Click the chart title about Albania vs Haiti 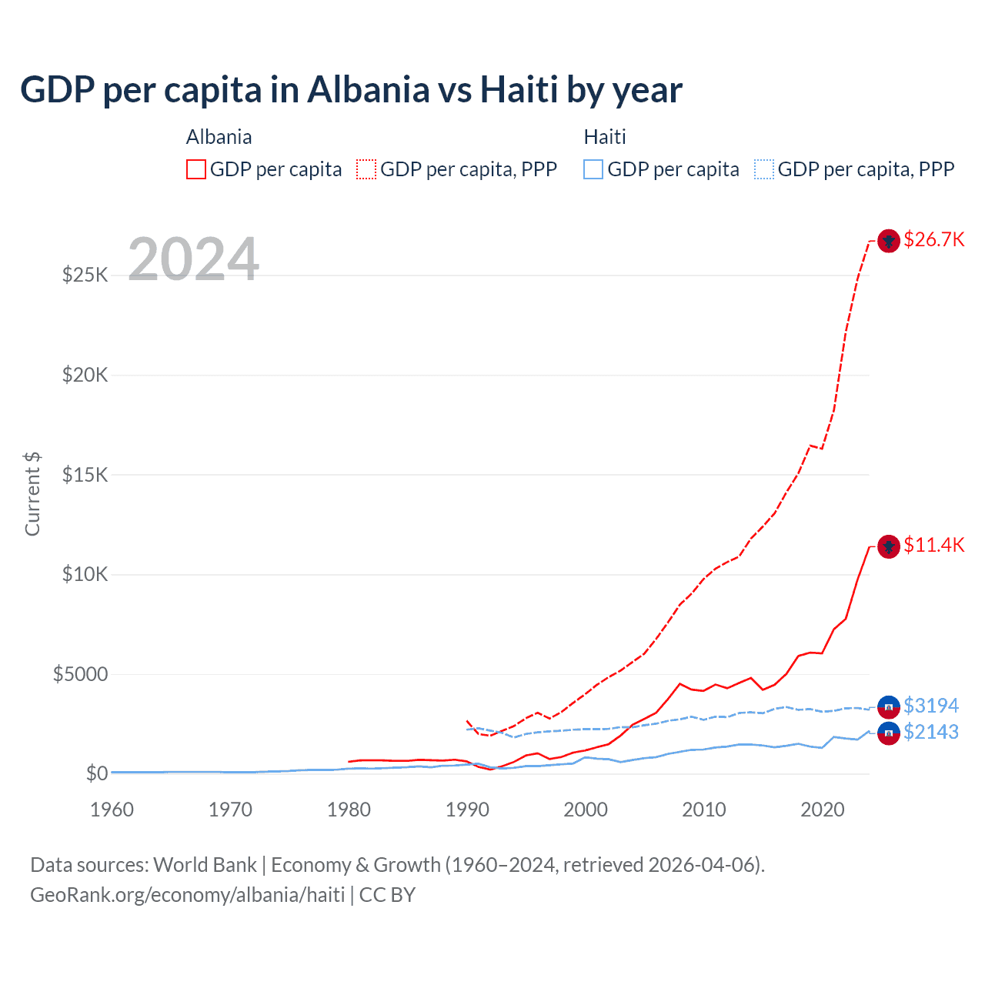(x=351, y=90)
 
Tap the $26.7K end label (x=933, y=239)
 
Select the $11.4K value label (x=933, y=546)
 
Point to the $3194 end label (x=931, y=706)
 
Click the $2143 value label (x=931, y=732)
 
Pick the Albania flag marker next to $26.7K (x=889, y=241)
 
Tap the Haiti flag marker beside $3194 (x=889, y=706)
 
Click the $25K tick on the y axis (x=85, y=275)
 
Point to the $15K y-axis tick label (x=85, y=475)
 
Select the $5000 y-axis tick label (x=81, y=675)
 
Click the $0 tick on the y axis (x=96, y=773)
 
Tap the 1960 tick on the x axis (x=112, y=810)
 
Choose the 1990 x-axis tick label (x=467, y=810)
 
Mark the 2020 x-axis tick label (x=823, y=810)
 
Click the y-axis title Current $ (x=32, y=494)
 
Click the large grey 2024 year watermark (x=193, y=259)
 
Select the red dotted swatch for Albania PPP (x=366, y=169)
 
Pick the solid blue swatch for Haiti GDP (x=593, y=169)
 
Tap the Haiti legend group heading (x=605, y=137)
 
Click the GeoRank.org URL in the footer (x=187, y=895)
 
